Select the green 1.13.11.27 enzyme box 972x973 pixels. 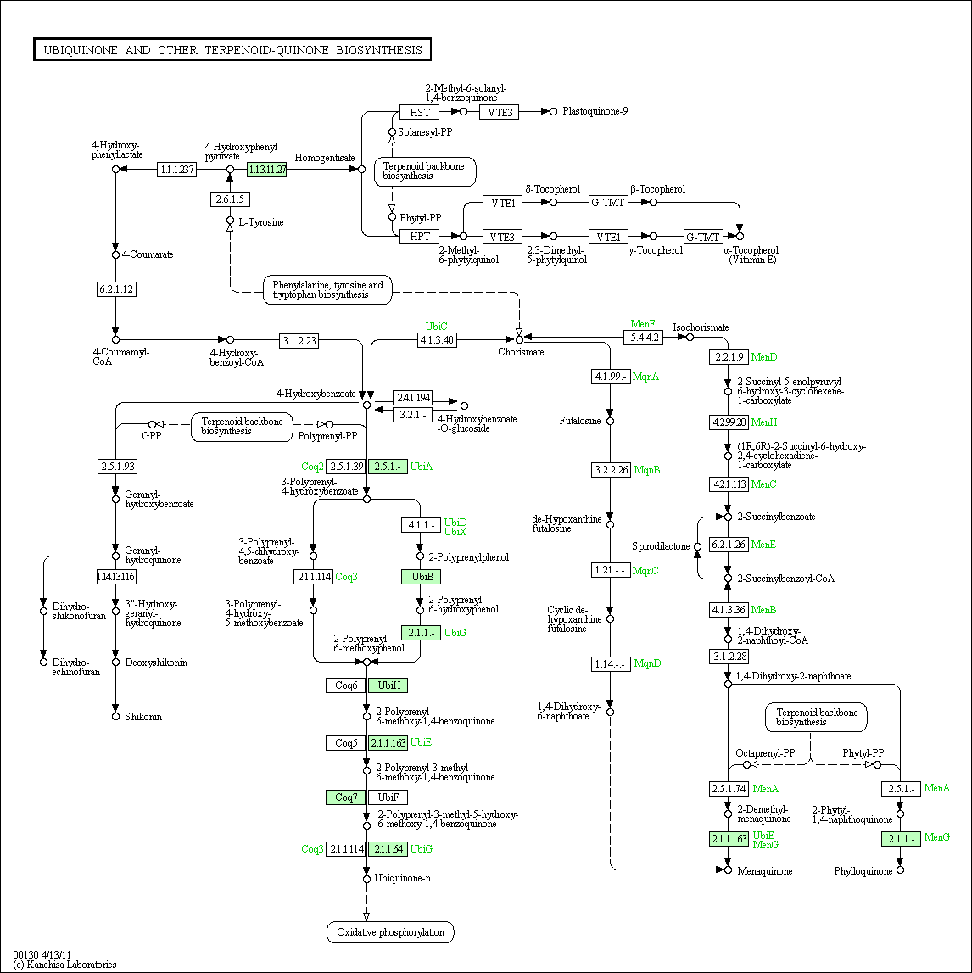(267, 170)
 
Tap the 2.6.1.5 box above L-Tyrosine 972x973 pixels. (230, 199)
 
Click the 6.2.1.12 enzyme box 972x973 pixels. (116, 289)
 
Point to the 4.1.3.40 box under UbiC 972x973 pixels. (437, 340)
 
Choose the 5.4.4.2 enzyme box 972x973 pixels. (643, 338)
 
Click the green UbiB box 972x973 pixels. (421, 577)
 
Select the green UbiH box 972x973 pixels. (388, 685)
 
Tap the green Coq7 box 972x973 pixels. (345, 797)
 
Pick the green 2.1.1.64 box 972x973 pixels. (388, 849)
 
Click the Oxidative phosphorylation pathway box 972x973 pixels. (390, 932)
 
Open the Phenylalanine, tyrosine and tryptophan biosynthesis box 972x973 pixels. (327, 290)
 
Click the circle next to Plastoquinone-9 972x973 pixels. (554, 111)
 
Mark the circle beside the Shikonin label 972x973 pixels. (115, 717)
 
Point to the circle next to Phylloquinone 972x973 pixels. (901, 870)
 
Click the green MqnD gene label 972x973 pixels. (647, 663)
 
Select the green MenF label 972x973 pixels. (643, 324)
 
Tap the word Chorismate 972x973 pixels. (521, 352)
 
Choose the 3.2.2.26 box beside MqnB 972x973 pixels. (611, 469)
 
